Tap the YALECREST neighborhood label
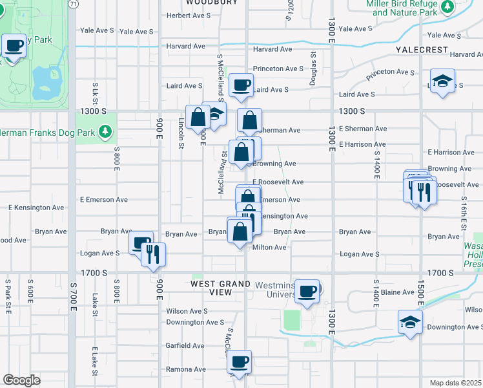(422, 50)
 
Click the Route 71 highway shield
(73, 4)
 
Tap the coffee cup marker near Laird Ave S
(241, 85)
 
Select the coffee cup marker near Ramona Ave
(240, 362)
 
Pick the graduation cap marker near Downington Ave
(410, 322)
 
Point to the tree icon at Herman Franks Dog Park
(105, 133)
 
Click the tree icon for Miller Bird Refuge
(446, 7)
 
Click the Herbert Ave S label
(187, 16)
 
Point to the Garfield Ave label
(185, 346)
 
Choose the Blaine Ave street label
(399, 292)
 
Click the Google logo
(21, 380)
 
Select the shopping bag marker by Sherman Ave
(250, 120)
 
